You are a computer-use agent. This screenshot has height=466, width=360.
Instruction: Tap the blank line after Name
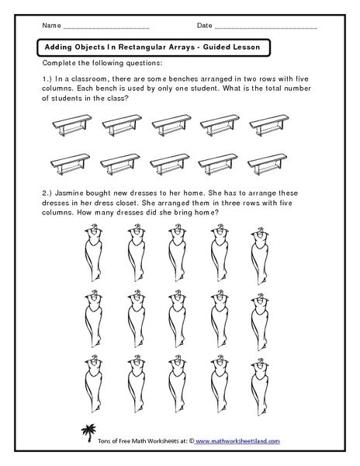tap(105, 29)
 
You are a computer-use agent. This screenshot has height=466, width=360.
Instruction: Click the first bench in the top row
tap(67, 123)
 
